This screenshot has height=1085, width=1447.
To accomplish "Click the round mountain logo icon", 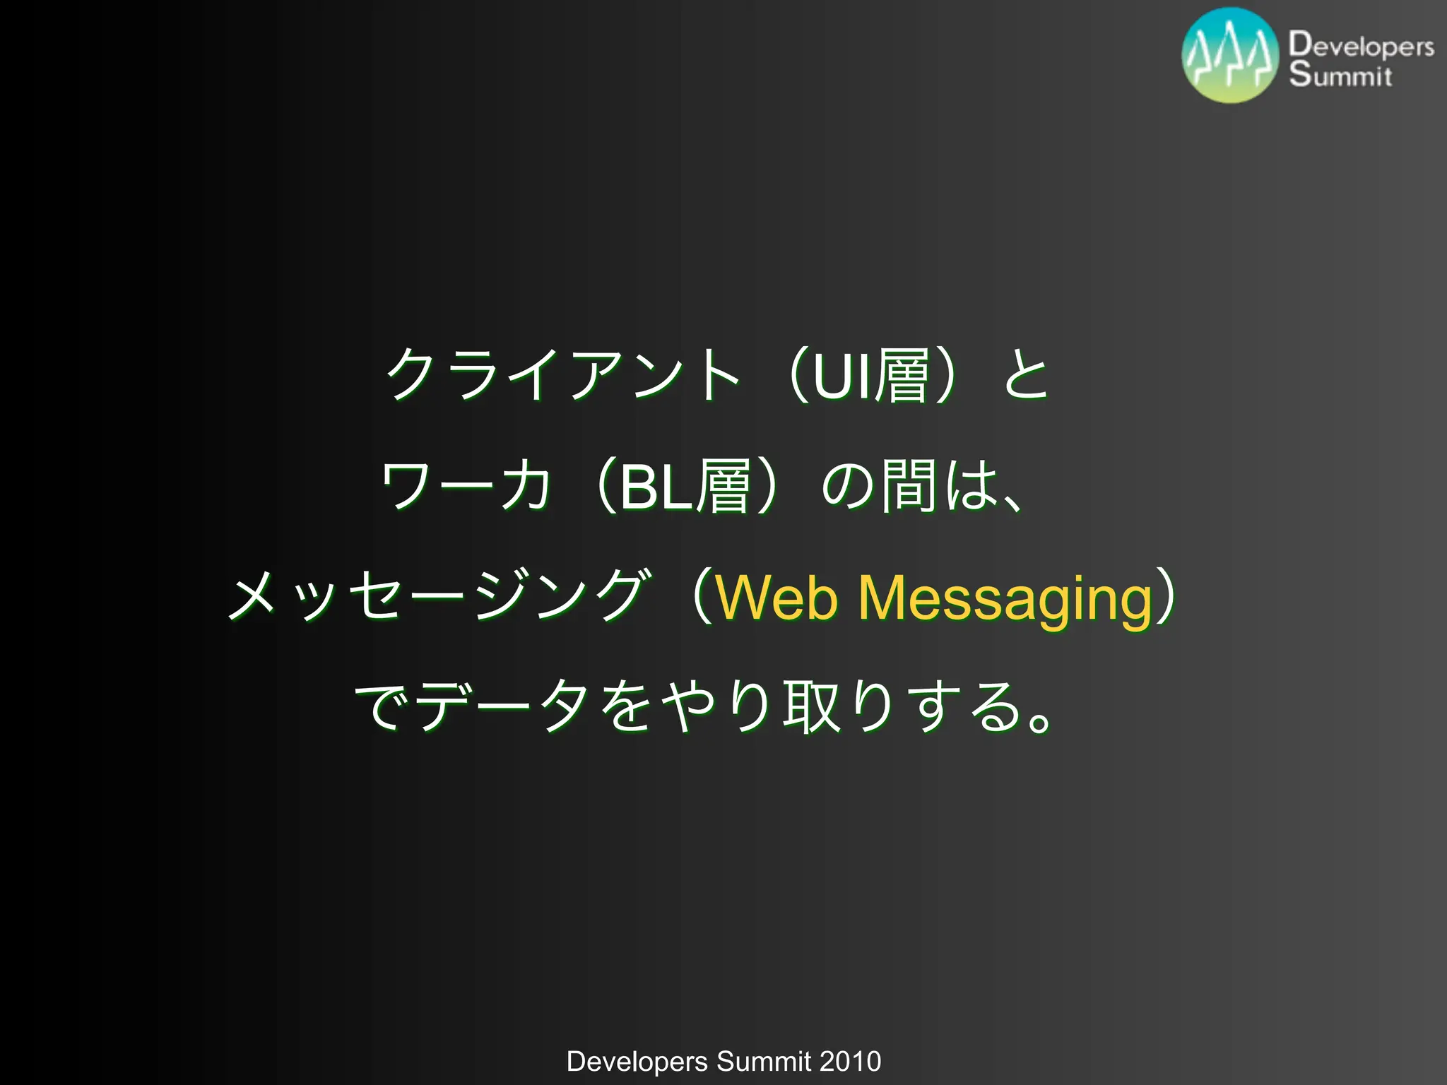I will (1230, 56).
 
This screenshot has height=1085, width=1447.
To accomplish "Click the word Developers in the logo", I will (1361, 45).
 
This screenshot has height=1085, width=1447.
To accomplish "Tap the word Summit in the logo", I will (1340, 75).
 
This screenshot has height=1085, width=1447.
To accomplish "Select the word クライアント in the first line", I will (562, 374).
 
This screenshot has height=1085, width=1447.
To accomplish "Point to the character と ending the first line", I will (1026, 374).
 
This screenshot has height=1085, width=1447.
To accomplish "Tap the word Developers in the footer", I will (637, 1062).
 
